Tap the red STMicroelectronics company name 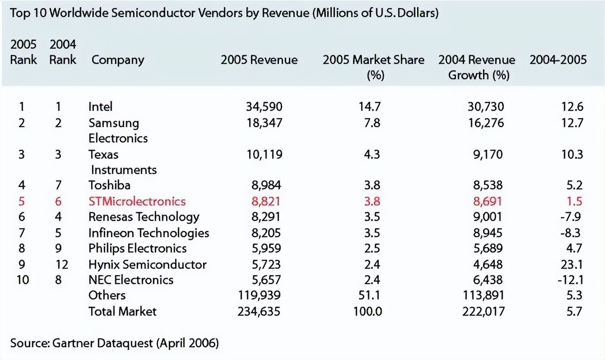coord(137,201)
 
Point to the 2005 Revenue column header coord(259,60)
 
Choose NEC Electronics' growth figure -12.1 coord(570,280)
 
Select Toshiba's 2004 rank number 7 coord(58,185)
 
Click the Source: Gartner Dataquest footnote coord(114,343)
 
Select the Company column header coord(117,60)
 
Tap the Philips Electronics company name coord(137,248)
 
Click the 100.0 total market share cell coord(368,311)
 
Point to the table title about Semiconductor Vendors coord(224,13)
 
